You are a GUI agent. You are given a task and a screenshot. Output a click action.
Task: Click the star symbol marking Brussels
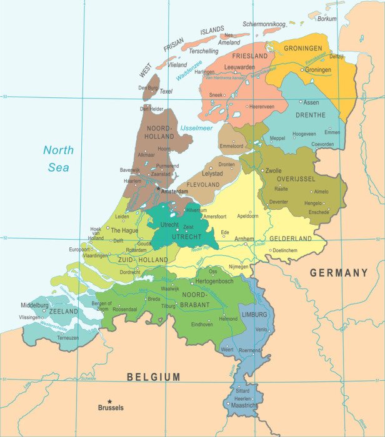pyautogui.click(x=110, y=401)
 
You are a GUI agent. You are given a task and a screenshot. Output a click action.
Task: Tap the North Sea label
pyautogui.click(x=58, y=159)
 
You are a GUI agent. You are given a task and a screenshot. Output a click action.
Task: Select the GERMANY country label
pyautogui.click(x=339, y=273)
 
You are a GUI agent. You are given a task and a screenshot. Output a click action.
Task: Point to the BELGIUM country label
pyautogui.click(x=153, y=376)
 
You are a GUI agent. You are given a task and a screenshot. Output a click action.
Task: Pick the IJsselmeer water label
pyautogui.click(x=196, y=128)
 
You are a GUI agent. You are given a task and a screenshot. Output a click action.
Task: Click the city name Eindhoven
pyautogui.click(x=202, y=325)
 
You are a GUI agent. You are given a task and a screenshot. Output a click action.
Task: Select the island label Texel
pyautogui.click(x=166, y=92)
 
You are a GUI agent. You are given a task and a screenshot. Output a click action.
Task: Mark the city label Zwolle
pyautogui.click(x=273, y=170)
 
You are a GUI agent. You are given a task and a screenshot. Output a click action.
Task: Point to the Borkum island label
pyautogui.click(x=327, y=19)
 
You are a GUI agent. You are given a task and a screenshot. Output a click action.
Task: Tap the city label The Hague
pyautogui.click(x=124, y=230)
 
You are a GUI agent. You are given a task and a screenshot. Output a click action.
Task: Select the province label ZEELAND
pyautogui.click(x=64, y=311)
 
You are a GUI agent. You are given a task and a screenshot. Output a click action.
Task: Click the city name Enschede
pyautogui.click(x=319, y=212)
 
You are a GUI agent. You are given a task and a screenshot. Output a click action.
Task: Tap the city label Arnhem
pyautogui.click(x=244, y=238)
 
